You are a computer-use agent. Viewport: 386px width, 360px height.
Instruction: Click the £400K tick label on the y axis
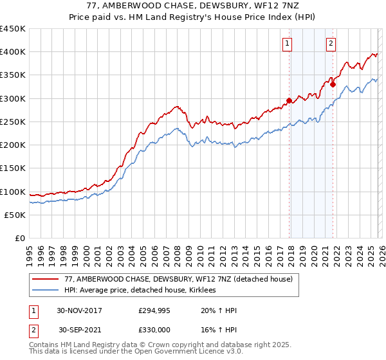pos(13,52)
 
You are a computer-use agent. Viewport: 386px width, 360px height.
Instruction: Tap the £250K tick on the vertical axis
pos(13,122)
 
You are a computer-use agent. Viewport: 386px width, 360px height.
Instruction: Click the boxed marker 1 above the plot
pos(286,44)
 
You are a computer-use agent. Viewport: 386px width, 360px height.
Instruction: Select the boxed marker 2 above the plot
pos(331,44)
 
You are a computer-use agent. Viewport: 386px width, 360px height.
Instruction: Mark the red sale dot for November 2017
pos(289,100)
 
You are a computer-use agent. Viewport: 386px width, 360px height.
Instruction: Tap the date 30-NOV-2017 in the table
pos(79,310)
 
